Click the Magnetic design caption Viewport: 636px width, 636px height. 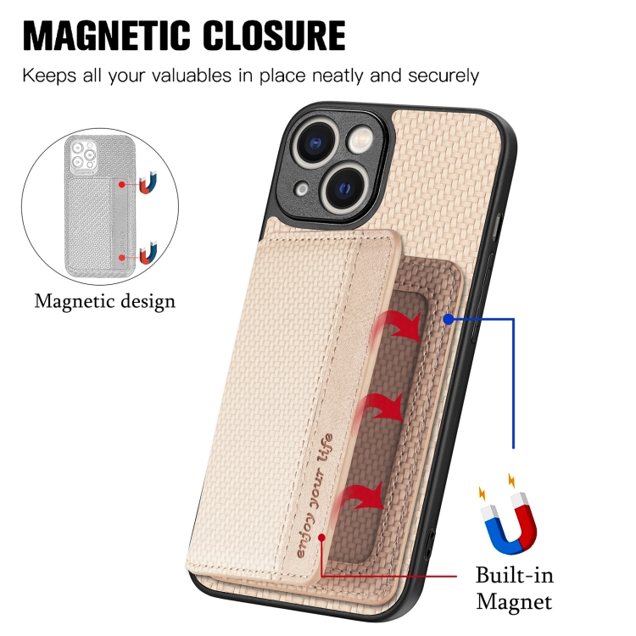tap(104, 300)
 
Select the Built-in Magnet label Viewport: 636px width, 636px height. tap(514, 589)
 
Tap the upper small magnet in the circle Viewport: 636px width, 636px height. tap(149, 181)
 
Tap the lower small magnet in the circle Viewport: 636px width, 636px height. tap(149, 254)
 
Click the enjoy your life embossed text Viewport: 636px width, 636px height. tap(315, 496)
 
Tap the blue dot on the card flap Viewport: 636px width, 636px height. tap(448, 319)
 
